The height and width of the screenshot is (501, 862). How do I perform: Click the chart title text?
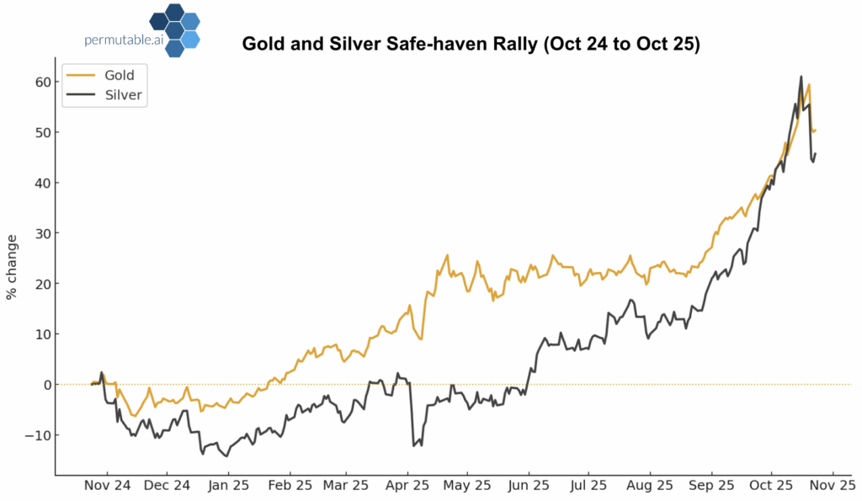[x=471, y=45]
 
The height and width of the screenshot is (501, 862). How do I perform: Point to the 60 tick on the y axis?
[x=41, y=82]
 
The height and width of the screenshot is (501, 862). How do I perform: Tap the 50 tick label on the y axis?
[x=41, y=132]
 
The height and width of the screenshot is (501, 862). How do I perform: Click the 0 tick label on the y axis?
[x=45, y=385]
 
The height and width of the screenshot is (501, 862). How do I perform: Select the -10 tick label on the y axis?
[x=39, y=435]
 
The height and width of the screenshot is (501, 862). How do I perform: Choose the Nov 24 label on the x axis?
[x=108, y=486]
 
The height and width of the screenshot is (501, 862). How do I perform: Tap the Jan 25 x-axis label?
[x=228, y=486]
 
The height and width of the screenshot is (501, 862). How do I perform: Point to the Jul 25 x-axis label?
[x=588, y=486]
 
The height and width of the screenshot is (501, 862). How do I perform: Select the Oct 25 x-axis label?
[x=771, y=486]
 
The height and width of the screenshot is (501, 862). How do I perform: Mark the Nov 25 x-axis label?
[x=833, y=486]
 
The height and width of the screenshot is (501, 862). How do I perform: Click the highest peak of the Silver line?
[x=801, y=77]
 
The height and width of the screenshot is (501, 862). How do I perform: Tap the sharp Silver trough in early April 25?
[x=413, y=445]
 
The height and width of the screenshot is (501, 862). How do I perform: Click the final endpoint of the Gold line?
[x=816, y=130]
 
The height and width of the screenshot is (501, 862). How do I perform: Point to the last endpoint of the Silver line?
[x=816, y=153]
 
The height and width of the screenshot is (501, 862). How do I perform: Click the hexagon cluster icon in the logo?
[x=174, y=30]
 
